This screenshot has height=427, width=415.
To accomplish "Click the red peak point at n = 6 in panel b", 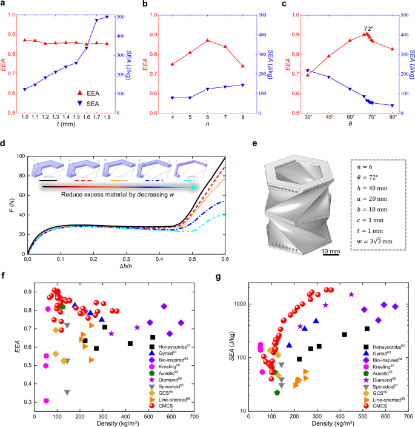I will [x=208, y=41].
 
